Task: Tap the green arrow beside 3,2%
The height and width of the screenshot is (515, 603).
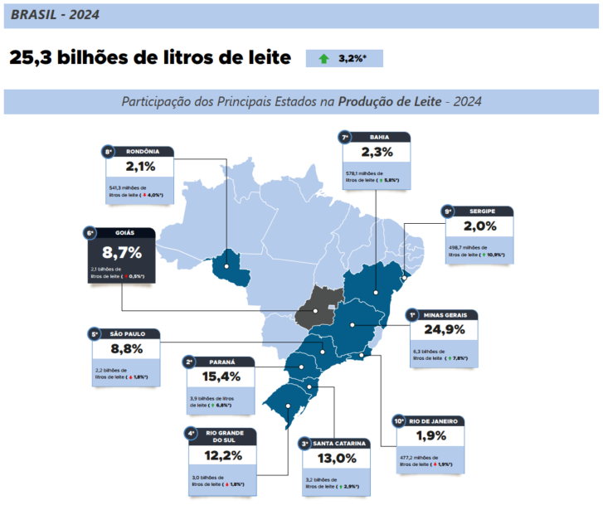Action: pos(323,58)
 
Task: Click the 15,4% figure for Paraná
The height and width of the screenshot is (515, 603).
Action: pos(221,377)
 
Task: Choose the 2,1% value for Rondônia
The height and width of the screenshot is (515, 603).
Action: pos(140,166)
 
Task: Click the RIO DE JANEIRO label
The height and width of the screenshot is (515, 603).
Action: pos(434,421)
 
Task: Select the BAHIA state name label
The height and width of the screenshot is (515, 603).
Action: pos(379,137)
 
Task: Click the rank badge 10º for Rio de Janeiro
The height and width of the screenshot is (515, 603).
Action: pos(398,421)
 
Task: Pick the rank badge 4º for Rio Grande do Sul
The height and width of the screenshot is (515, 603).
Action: pos(190,432)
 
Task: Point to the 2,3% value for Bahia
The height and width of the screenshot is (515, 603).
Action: pos(376,152)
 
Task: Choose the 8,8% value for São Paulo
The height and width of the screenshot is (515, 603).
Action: pos(126,348)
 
